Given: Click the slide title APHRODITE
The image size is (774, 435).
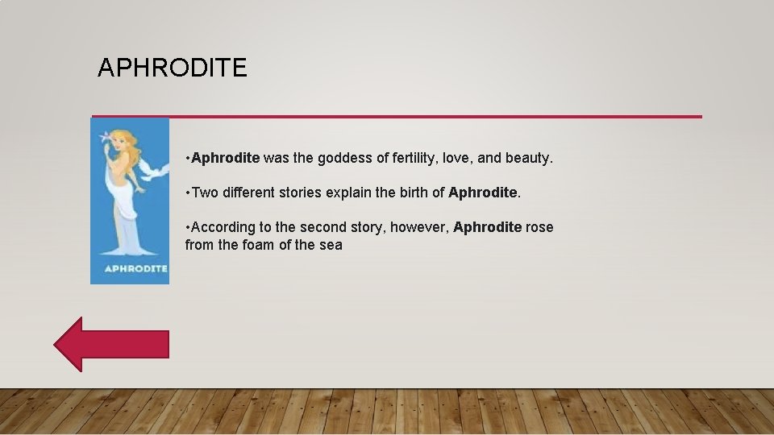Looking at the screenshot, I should click(x=172, y=68).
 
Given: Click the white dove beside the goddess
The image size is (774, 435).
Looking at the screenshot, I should click(x=153, y=168).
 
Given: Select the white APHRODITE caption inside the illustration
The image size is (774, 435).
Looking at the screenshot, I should click(x=135, y=268).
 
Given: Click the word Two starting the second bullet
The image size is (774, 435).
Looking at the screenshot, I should click(x=205, y=193).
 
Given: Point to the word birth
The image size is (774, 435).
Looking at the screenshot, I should click(x=411, y=193).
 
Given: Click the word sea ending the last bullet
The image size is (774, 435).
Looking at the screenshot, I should click(x=331, y=245).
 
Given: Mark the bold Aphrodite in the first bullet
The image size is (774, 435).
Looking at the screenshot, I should click(x=226, y=158).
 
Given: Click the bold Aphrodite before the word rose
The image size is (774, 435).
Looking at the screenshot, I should click(x=487, y=227).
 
